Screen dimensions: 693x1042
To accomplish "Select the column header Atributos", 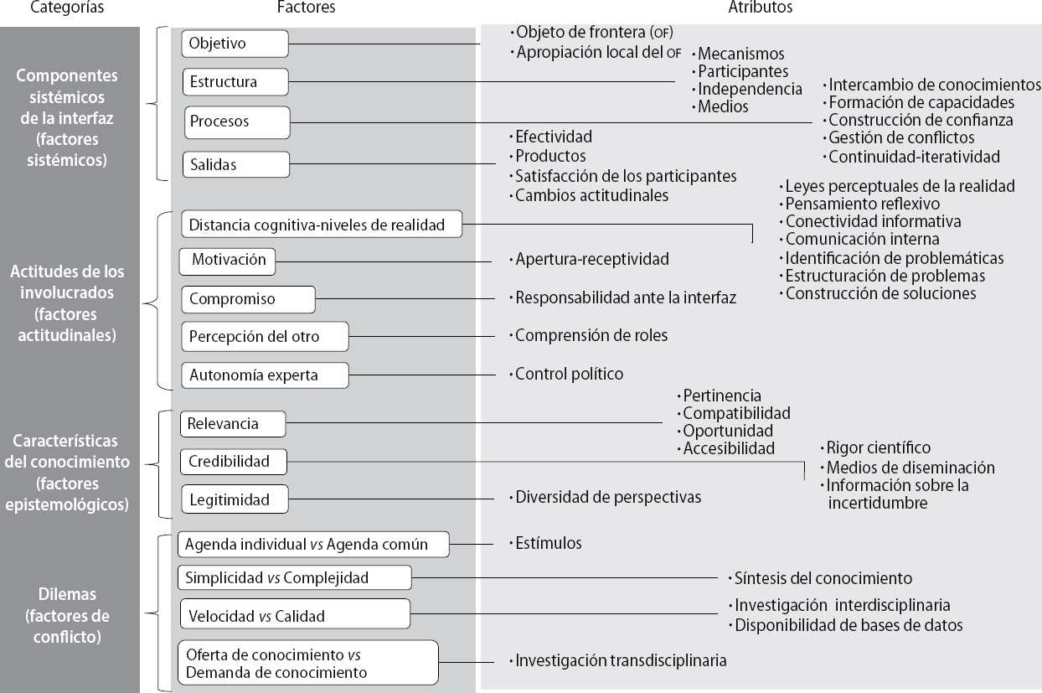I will coord(760,8).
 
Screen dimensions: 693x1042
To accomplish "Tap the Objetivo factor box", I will coord(235,43).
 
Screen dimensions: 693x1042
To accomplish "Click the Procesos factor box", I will coord(236,122).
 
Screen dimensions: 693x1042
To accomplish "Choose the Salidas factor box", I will coord(236,164).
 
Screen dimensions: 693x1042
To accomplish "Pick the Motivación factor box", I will coord(228,261).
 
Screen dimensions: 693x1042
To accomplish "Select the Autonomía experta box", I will coord(265,375).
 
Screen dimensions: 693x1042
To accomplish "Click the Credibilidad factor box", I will coord(233,461).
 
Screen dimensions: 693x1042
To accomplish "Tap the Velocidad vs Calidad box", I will coord(294,616).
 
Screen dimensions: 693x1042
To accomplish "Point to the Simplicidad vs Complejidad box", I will coord(294,577).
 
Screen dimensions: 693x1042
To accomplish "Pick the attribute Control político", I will coord(569,374).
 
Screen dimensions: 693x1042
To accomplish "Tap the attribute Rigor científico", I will coord(878,448).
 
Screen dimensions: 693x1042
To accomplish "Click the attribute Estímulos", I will coord(548,543).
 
